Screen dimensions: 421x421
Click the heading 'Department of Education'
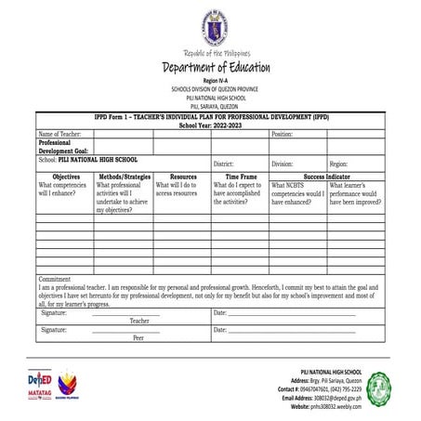click(216, 68)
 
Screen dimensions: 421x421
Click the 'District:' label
click(223, 164)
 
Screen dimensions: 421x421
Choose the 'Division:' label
click(282, 164)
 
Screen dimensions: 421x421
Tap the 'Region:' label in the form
click(338, 164)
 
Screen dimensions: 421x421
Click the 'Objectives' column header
click(66, 176)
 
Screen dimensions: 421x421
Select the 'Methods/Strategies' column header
click(125, 176)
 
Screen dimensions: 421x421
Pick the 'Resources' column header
click(182, 176)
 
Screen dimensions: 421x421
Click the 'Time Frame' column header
click(241, 176)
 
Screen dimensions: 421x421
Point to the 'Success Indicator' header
click(327, 176)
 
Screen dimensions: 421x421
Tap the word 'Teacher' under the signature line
click(139, 321)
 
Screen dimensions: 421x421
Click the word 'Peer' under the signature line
click(138, 338)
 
